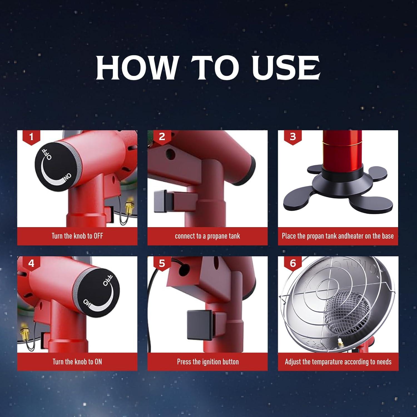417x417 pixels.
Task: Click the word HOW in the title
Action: click(137, 68)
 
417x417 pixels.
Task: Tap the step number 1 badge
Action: click(31, 137)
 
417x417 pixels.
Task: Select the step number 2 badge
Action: click(162, 137)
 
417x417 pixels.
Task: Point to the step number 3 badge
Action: click(292, 137)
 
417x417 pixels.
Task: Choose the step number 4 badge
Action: click(31, 263)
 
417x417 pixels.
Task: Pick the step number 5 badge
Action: click(162, 263)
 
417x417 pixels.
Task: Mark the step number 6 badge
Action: click(292, 263)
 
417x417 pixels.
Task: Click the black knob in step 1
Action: click(56, 167)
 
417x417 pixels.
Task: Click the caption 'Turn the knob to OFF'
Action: click(77, 236)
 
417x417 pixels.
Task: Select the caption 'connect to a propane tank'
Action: click(207, 236)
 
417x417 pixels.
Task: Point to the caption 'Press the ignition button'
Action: click(208, 362)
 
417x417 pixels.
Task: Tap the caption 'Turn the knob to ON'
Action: click(77, 362)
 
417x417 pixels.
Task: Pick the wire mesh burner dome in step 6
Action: click(348, 311)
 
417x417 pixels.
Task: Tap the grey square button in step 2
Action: click(162, 200)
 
